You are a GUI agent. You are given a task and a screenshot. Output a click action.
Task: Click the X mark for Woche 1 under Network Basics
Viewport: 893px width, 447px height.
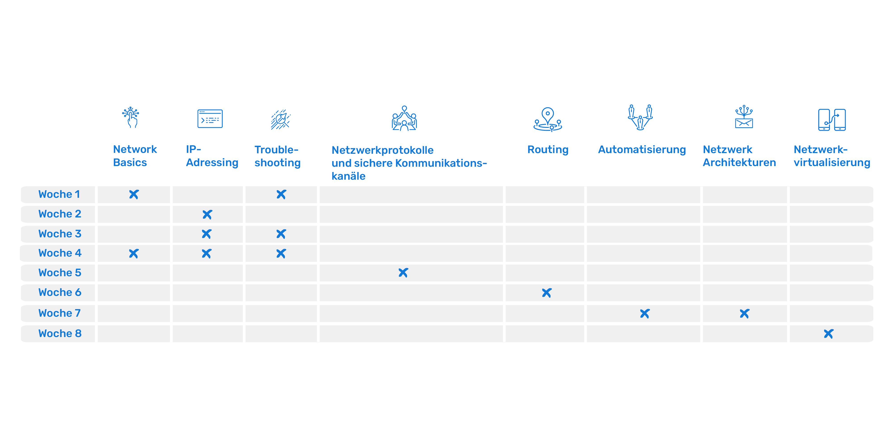(134, 194)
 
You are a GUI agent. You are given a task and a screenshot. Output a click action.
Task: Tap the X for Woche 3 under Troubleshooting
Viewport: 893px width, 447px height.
(281, 234)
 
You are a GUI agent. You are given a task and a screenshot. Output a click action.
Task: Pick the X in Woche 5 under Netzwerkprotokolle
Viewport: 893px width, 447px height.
(403, 273)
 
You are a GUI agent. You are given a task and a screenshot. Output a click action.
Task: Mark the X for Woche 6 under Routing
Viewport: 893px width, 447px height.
(547, 293)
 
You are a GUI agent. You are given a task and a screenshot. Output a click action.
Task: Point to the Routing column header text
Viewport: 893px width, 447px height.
(548, 150)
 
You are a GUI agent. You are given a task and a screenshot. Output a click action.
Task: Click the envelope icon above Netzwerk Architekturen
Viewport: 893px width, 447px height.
(744, 117)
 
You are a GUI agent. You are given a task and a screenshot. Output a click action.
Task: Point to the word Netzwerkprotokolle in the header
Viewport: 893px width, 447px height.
(382, 150)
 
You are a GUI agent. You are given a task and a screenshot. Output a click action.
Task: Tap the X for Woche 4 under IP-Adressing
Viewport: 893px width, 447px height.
(207, 254)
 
